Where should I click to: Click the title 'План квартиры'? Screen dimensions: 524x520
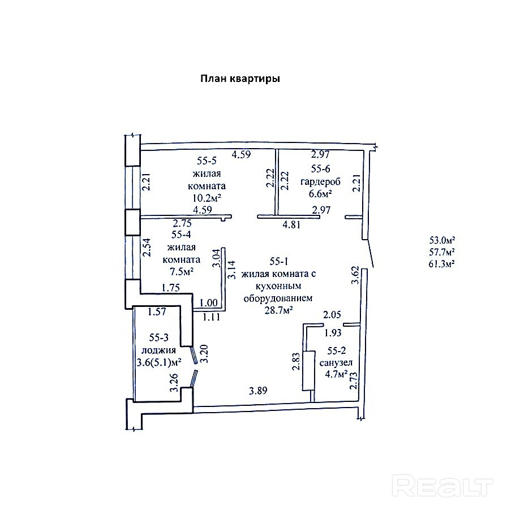[240, 79]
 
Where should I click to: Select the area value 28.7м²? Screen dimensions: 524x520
[279, 310]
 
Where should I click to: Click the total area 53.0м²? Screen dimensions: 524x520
[442, 239]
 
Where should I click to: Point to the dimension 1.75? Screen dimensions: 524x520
[171, 288]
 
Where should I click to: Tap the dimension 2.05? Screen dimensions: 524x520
[333, 315]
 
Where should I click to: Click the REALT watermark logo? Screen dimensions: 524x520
[444, 486]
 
